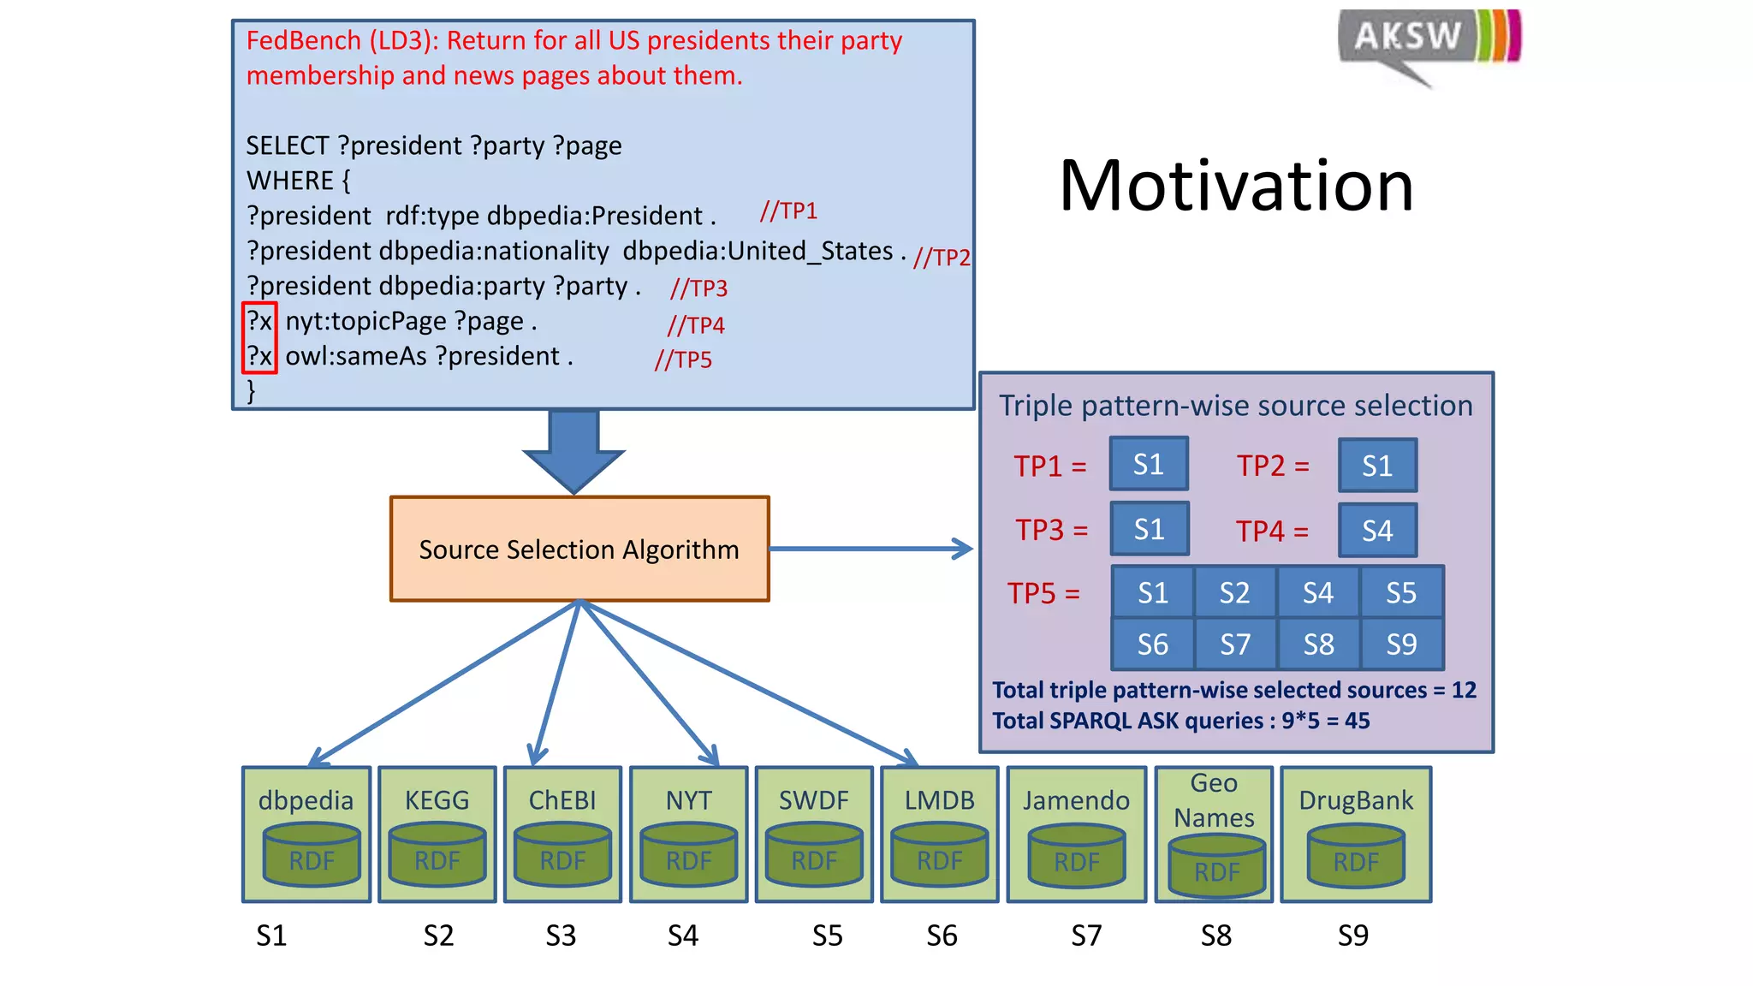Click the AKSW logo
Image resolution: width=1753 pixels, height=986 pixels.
[x=1428, y=41]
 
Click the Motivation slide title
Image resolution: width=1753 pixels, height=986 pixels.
[x=1236, y=186]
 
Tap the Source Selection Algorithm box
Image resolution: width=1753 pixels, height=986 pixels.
[x=579, y=549]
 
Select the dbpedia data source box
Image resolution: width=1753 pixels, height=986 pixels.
[x=306, y=834]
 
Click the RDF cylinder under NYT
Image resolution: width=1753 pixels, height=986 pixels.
[x=688, y=856]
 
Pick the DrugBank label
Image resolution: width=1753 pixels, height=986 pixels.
[x=1356, y=800]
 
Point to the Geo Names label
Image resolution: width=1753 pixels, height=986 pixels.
[x=1214, y=800]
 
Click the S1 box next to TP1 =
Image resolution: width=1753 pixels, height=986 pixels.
[x=1149, y=464]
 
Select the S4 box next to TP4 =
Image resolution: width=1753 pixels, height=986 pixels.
[x=1377, y=531]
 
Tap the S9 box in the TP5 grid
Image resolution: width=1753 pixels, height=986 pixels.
[x=1401, y=644]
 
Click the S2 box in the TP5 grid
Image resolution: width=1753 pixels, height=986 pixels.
[x=1234, y=592]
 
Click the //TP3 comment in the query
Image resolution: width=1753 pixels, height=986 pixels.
[x=698, y=288]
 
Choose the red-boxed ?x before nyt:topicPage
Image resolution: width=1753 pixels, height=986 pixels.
[x=259, y=322]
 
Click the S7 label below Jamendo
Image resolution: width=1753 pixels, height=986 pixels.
[x=1086, y=936]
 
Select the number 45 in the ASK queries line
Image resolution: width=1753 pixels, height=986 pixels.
[x=1357, y=721]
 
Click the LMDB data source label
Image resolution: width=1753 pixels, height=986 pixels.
[x=939, y=800]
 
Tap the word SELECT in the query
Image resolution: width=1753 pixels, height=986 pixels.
[x=287, y=146]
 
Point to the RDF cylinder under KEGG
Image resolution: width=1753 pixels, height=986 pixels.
[x=437, y=856]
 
